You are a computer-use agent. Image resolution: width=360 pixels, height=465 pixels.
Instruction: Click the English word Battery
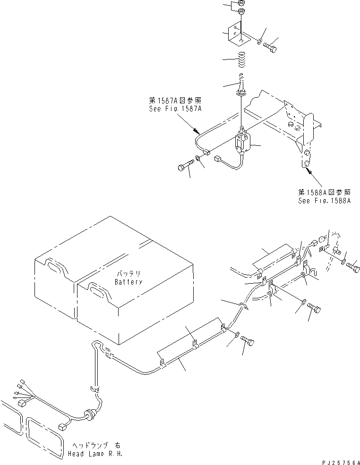click(x=129, y=282)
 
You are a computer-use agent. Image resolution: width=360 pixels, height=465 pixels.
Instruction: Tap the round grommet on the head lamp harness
click(x=88, y=414)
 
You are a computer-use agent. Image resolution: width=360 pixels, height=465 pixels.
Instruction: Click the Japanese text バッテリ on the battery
click(x=129, y=274)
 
